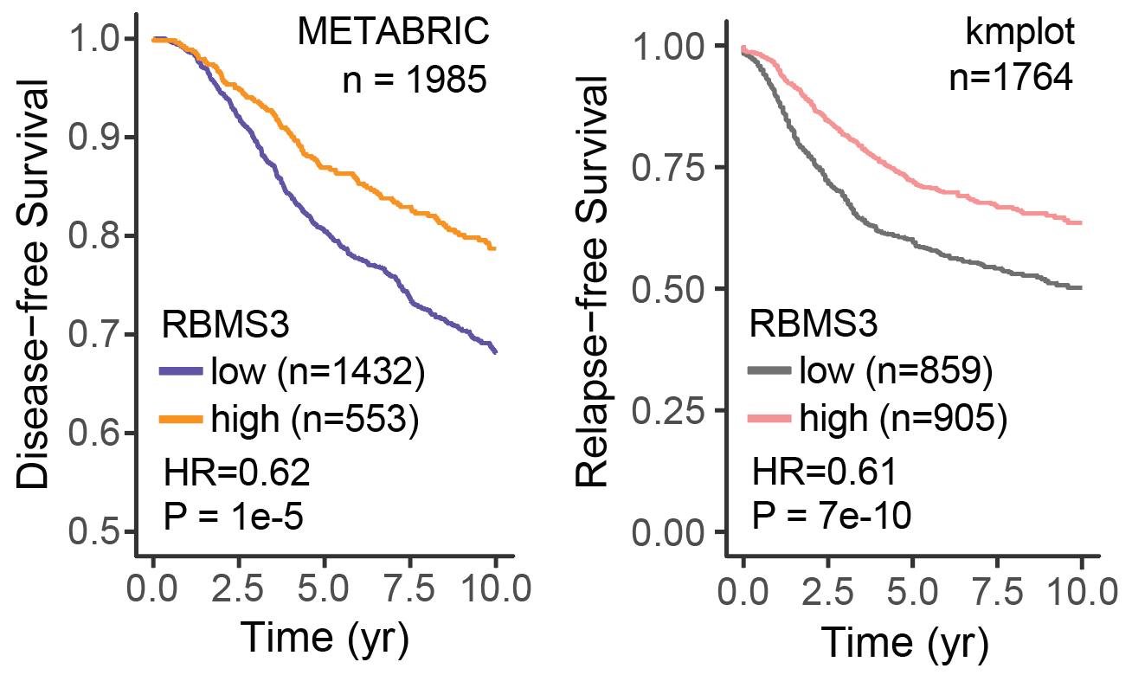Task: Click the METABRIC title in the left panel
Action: pos(394,33)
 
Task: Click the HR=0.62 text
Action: pos(236,473)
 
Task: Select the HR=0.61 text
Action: pos(823,473)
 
